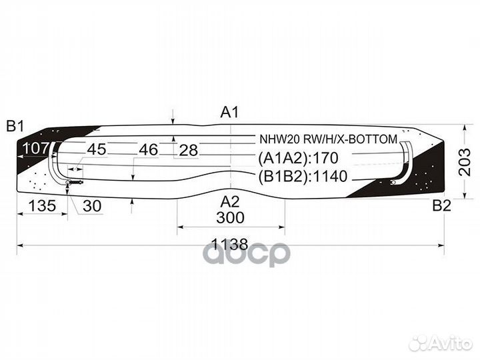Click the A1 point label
pyautogui.click(x=229, y=113)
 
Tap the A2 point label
pyautogui.click(x=230, y=201)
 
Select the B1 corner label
pyautogui.click(x=15, y=125)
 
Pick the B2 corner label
pyautogui.click(x=441, y=205)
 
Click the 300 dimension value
pyautogui.click(x=230, y=218)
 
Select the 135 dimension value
pyautogui.click(x=41, y=206)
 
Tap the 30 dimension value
pyautogui.click(x=92, y=206)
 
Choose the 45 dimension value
pyautogui.click(x=97, y=149)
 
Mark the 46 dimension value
pyautogui.click(x=148, y=150)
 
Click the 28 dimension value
pyautogui.click(x=189, y=150)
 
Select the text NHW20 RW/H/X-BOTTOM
pyautogui.click(x=328, y=139)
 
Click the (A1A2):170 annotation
pyautogui.click(x=299, y=159)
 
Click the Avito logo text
pyautogui.click(x=449, y=343)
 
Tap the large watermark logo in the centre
pyautogui.click(x=246, y=253)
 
